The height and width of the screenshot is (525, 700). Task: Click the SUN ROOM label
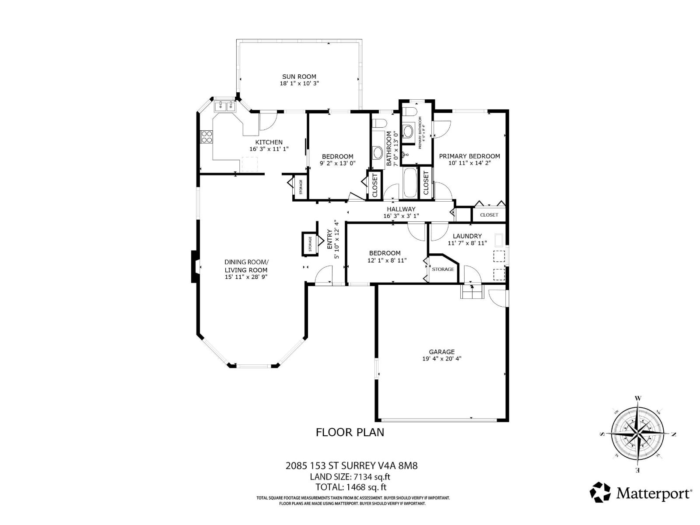click(299, 77)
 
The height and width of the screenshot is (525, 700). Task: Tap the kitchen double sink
click(225, 105)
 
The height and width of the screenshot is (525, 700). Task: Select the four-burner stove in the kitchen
click(206, 137)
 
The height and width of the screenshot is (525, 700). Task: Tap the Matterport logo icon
click(600, 493)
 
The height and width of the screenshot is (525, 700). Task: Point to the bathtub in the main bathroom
click(410, 183)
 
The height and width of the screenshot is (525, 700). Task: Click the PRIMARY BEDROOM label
click(469, 156)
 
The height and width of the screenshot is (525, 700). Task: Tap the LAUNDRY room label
click(467, 236)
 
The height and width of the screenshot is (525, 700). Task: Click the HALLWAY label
click(401, 209)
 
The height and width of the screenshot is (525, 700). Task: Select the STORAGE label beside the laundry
click(443, 269)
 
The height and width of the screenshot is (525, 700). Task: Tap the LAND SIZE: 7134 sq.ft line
click(350, 477)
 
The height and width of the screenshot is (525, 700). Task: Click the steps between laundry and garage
click(472, 291)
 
